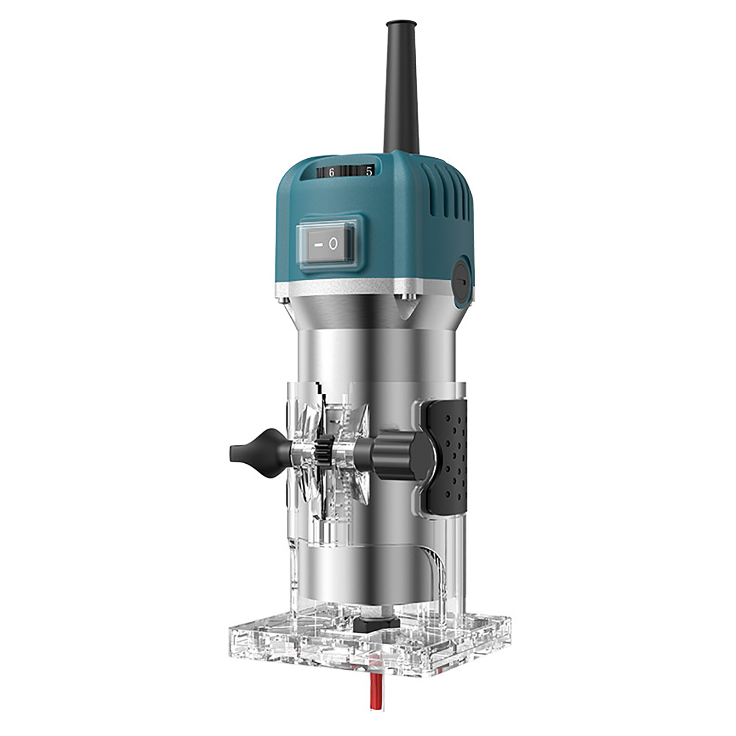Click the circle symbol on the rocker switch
(334, 244)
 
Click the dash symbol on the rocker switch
(317, 245)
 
